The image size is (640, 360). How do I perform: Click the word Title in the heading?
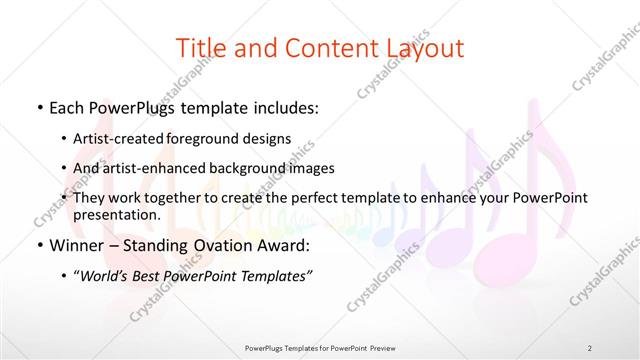(x=199, y=47)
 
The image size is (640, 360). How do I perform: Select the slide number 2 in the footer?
(x=589, y=347)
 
